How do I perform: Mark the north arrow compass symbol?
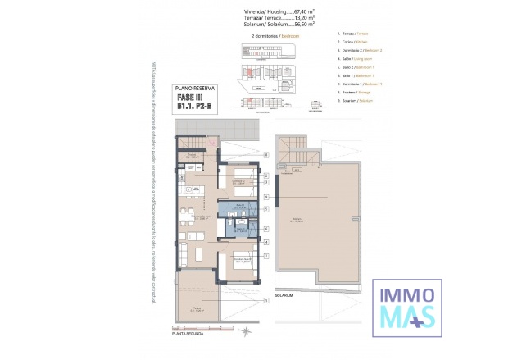[245, 330]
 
